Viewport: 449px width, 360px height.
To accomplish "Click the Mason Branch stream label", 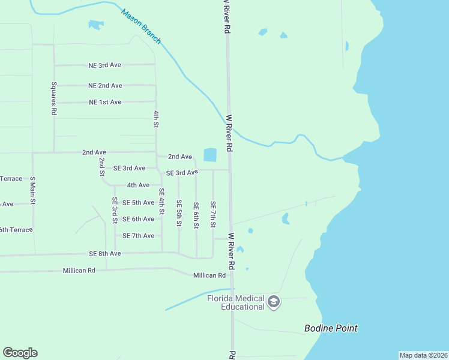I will (142, 26).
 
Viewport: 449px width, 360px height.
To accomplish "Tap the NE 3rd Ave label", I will (105, 65).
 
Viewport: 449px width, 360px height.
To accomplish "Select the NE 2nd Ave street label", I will (105, 86).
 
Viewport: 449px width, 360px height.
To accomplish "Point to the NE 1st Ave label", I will (105, 103).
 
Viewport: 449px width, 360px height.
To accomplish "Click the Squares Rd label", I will (53, 98).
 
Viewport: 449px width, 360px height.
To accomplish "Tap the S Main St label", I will (33, 191).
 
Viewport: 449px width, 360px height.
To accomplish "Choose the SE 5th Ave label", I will (138, 203).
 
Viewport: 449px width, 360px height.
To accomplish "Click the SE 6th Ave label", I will (138, 219).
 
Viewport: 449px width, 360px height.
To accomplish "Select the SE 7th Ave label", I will (138, 236).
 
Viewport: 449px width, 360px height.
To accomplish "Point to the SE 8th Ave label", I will (105, 254).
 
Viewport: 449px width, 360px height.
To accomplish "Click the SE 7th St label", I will (212, 214).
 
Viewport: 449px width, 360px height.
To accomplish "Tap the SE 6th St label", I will (196, 215).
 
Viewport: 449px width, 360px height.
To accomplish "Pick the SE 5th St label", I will (179, 213).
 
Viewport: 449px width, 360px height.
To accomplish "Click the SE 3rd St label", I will (114, 210).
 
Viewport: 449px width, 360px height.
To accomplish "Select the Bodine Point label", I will (331, 329).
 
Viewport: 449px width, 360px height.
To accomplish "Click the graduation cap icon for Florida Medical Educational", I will (274, 301).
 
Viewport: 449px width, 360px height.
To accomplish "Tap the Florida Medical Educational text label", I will (235, 302).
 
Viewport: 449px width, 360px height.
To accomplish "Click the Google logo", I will (20, 353).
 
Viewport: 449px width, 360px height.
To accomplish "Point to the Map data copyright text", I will (423, 355).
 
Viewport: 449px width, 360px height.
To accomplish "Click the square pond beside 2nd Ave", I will (210, 155).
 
